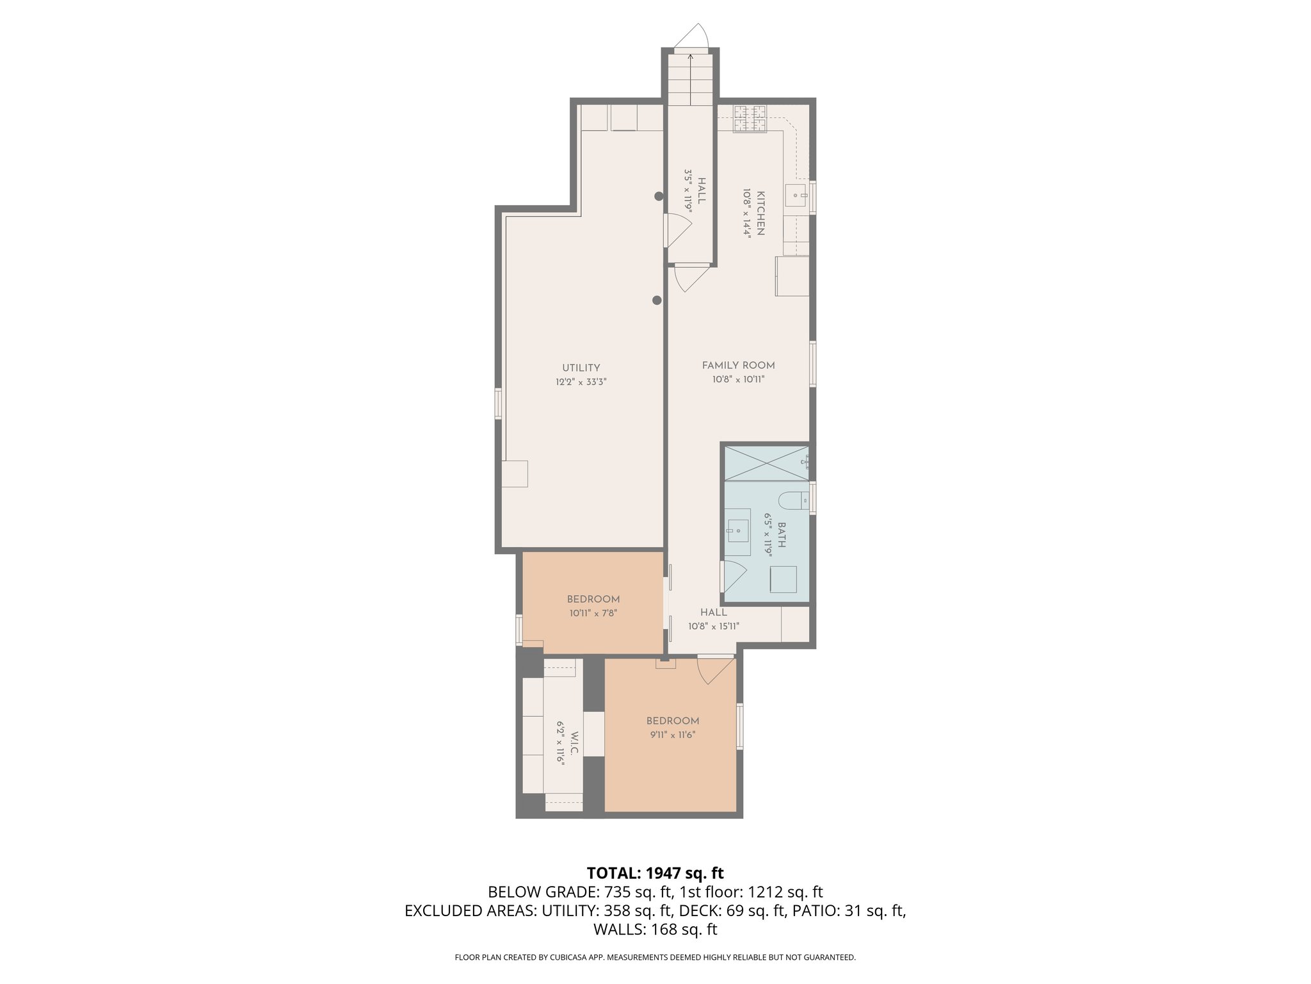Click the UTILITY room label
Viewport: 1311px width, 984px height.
(581, 368)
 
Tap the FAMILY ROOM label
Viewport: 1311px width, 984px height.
(738, 365)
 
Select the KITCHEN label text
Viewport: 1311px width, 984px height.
(760, 213)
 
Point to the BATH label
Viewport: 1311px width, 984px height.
(781, 534)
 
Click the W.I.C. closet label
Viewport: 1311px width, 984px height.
(574, 742)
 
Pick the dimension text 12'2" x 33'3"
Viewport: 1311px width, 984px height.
(581, 382)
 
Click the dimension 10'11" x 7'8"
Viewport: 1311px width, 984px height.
(593, 613)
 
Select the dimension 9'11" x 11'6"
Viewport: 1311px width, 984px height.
(672, 735)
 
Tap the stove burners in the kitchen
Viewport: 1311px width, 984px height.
(750, 119)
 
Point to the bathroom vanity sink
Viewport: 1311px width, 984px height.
(737, 532)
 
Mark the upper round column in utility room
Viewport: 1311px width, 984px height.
(659, 197)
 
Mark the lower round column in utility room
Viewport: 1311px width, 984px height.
(657, 300)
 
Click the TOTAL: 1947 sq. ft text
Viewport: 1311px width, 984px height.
(655, 873)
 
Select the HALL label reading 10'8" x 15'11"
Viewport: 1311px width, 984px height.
(713, 619)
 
